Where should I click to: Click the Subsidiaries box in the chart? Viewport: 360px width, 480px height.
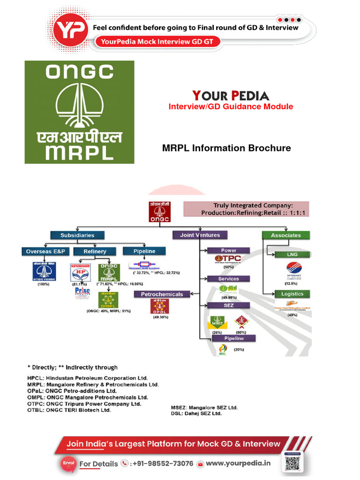click(x=77, y=235)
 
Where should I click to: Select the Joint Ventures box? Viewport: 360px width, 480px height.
click(x=200, y=235)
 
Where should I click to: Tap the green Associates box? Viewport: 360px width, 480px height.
click(x=286, y=235)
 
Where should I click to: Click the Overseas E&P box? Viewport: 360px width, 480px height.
click(x=45, y=251)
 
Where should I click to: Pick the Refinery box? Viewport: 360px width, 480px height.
click(x=95, y=251)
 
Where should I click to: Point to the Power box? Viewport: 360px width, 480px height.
click(x=228, y=250)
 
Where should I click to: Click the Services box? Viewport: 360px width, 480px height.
click(x=228, y=278)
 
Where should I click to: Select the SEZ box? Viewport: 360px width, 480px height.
click(x=228, y=305)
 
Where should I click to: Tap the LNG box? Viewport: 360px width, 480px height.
click(x=292, y=255)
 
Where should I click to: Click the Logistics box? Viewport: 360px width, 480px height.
click(x=292, y=294)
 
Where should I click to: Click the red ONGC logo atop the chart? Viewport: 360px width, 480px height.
click(x=160, y=212)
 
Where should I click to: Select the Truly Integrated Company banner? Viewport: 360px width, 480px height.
click(x=246, y=209)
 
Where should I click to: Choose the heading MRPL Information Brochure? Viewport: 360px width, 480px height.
click(x=226, y=148)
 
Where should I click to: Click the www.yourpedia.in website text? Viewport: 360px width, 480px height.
click(x=238, y=463)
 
